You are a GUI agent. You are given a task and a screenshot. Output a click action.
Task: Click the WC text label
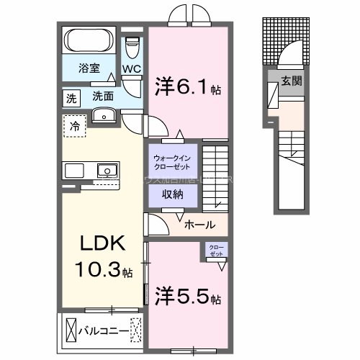(131, 70)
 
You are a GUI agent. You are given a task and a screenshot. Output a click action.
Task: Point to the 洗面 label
(102, 95)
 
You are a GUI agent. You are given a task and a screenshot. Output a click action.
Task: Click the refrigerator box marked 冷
(75, 127)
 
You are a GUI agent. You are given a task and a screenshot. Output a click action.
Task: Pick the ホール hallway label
(199, 225)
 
